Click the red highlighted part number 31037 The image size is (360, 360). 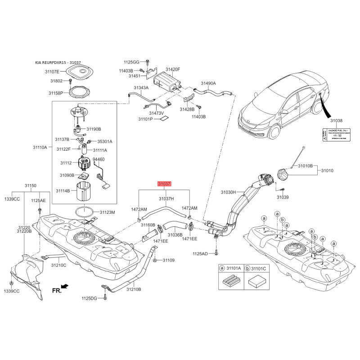pos(164,184)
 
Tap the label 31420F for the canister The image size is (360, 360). pos(172,70)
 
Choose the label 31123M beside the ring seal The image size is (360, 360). pos(108,212)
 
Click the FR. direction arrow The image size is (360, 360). pos(64,286)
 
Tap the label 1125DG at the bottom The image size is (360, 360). pos(89,298)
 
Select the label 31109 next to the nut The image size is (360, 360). pos(168,260)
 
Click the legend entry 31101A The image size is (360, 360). pos(233,268)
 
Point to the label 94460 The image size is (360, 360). pos(99,159)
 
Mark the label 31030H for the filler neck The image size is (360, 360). pos(228,192)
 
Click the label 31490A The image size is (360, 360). pos(208,84)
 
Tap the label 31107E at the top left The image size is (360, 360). pos(52,71)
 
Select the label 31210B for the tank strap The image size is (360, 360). pos(134,289)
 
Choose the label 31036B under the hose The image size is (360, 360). pos(175,235)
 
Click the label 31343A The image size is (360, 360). pos(141,88)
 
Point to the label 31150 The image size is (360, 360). pos(30,185)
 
